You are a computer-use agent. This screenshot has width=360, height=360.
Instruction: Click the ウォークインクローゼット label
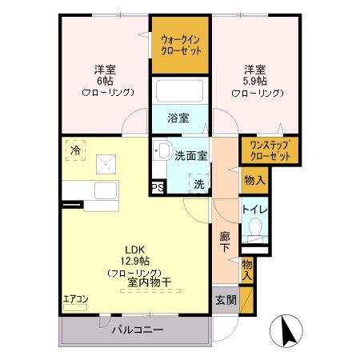tap(180, 43)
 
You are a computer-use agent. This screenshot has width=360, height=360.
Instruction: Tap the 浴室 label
tap(178, 118)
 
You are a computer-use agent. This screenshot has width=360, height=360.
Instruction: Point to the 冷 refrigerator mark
tap(75, 150)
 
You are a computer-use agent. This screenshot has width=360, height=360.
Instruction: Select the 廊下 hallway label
tap(226, 242)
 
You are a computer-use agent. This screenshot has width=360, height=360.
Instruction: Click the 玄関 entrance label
tap(225, 301)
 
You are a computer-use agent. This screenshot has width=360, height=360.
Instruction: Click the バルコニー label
tap(137, 330)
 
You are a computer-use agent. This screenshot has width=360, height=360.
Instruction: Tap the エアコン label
tap(76, 299)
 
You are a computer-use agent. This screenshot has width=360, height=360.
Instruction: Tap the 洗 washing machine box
tap(198, 182)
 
